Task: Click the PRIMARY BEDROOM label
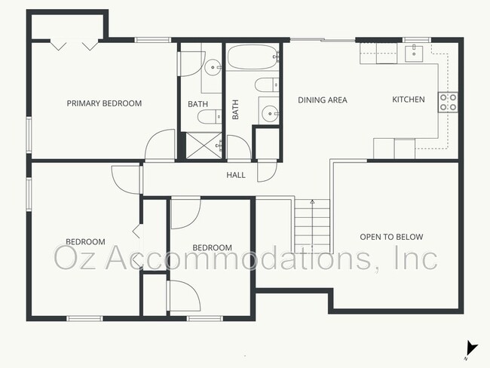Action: click(x=104, y=103)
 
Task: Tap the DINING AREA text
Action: click(x=322, y=100)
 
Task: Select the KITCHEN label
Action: click(x=408, y=100)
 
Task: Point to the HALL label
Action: click(x=236, y=175)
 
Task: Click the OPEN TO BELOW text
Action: click(x=390, y=237)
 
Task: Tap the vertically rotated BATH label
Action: click(x=235, y=110)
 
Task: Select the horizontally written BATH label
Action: click(x=198, y=103)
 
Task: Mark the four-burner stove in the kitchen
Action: click(x=449, y=102)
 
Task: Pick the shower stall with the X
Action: click(x=202, y=145)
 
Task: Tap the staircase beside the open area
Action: click(x=312, y=226)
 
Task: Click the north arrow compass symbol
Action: click(x=471, y=348)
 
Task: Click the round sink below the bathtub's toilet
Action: click(x=268, y=113)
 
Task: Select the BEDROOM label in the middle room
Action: click(x=212, y=248)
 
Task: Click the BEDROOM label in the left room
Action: click(x=85, y=242)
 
